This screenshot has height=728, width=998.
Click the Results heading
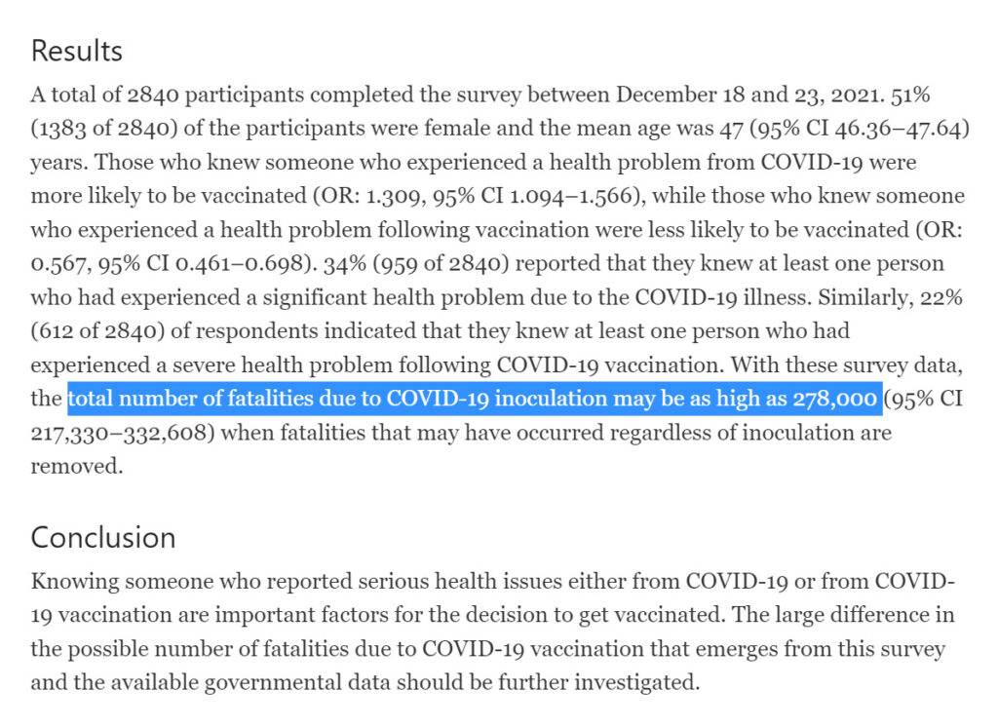pyautogui.click(x=77, y=51)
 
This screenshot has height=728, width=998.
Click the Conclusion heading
pyautogui.click(x=103, y=537)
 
